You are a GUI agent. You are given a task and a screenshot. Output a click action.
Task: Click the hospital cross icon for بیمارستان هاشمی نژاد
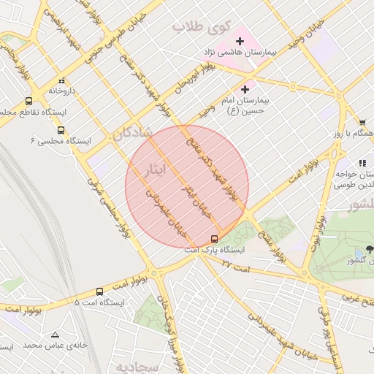click(x=240, y=40)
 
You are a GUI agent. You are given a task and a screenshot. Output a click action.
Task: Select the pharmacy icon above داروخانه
click(x=61, y=80)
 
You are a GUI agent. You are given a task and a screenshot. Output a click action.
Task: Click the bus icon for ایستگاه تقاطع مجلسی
click(x=28, y=102)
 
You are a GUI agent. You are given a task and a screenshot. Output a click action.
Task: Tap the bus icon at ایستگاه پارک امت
click(x=214, y=239)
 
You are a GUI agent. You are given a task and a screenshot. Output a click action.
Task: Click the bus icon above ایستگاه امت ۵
click(x=99, y=291)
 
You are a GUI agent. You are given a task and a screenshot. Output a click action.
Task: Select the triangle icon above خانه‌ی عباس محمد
click(x=55, y=335)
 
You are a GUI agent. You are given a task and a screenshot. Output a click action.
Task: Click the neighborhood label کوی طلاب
click(x=196, y=27)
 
